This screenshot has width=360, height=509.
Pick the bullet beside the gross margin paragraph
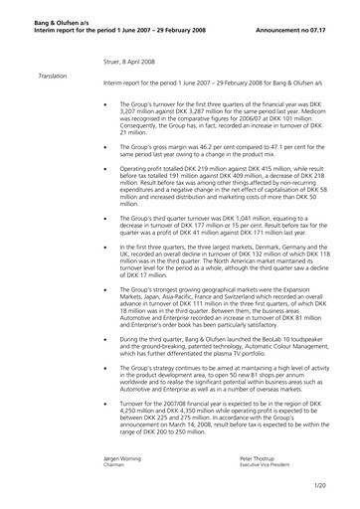pyautogui.click(x=104, y=146)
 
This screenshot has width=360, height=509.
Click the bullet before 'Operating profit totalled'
pyautogui.click(x=104, y=170)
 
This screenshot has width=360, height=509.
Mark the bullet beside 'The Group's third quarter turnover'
pyautogui.click(x=104, y=217)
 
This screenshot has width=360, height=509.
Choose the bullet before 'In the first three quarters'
pyautogui.click(x=104, y=247)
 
